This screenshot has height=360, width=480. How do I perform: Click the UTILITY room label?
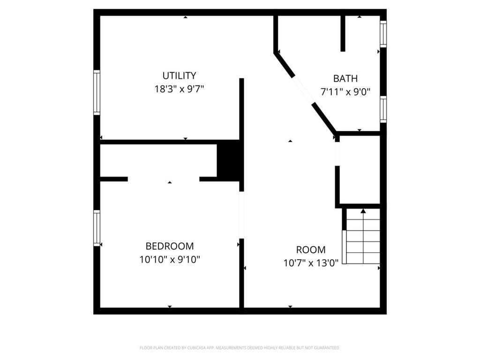point(179,75)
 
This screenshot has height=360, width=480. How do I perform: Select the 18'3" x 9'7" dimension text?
point(179,89)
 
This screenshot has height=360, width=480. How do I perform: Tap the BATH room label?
point(345,78)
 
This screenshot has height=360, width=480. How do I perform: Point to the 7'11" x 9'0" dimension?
point(345,92)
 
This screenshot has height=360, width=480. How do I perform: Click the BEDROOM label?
point(170,246)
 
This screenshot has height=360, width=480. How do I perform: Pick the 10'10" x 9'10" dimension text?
point(170,259)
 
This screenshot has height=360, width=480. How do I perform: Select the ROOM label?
point(311,250)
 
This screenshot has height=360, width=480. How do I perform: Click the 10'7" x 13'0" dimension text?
point(311,263)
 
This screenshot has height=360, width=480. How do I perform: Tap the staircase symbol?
point(362,237)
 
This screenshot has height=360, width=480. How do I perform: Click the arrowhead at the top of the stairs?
point(363,211)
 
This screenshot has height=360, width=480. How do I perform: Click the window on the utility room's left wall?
point(97,92)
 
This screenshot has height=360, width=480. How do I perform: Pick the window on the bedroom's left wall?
point(97,228)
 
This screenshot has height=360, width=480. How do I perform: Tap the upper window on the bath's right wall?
point(383,34)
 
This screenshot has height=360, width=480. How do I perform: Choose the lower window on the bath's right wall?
point(383,109)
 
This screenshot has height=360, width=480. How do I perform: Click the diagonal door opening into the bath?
point(303,90)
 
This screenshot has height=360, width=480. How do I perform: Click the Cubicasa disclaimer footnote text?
point(240,348)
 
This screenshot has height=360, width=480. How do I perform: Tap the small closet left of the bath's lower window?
point(359,170)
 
